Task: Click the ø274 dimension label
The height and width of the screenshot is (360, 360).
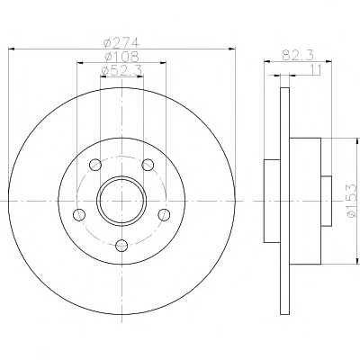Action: [x=121, y=42]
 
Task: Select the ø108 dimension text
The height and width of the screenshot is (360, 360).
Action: [x=121, y=57]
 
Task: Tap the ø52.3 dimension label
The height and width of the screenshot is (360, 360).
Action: [x=121, y=71]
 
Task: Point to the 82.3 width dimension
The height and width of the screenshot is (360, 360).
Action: [x=298, y=55]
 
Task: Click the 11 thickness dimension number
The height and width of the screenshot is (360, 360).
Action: [x=315, y=69]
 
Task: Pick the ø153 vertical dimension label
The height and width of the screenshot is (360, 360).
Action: [x=352, y=200]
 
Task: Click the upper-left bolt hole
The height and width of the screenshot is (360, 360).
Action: [x=95, y=165]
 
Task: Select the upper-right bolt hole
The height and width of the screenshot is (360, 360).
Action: [x=148, y=165]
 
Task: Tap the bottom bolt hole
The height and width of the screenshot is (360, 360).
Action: [x=121, y=246]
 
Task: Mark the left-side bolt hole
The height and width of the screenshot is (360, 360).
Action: [x=79, y=214]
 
